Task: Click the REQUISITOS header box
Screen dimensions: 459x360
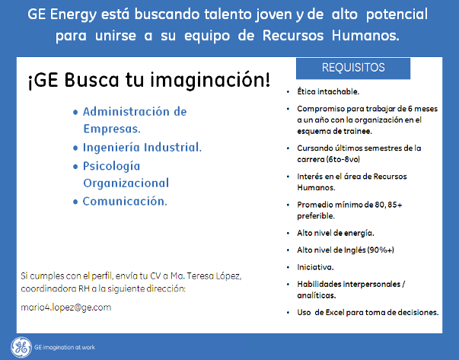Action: pos(353,68)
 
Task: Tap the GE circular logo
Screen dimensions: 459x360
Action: pos(21,347)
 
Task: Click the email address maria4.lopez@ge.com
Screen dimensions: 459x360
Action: pos(66,307)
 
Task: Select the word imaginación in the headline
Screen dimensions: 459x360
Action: pos(210,80)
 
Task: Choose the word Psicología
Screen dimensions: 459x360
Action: pos(112,167)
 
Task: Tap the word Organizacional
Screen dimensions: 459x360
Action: pos(126,183)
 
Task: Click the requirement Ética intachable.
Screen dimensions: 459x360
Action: pos(328,91)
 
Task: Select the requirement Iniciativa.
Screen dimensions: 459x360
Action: pos(315,267)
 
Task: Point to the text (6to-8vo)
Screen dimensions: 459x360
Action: pos(343,160)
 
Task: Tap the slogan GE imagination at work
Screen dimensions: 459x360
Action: pos(65,347)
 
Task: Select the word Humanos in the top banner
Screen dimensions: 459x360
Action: pos(365,36)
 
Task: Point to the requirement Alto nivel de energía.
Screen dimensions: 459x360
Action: pos(336,233)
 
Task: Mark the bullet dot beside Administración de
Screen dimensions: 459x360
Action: pos(75,112)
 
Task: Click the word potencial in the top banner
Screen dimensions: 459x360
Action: pos(397,14)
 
